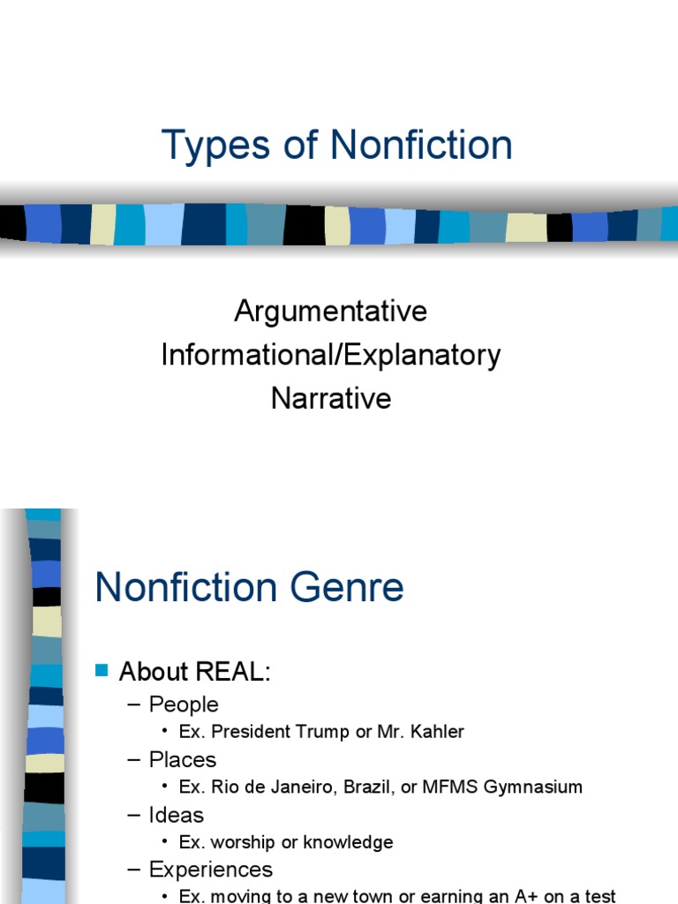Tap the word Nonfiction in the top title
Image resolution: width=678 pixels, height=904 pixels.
point(421,146)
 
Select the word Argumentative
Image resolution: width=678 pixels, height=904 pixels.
point(331,311)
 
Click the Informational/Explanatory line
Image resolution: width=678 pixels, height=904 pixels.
point(331,355)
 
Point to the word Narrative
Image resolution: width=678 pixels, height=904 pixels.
point(331,398)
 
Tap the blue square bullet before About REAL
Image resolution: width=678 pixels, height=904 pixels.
point(101,671)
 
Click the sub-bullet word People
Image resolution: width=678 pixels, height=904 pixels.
point(184,704)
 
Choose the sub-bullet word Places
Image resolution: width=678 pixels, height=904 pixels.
point(183,760)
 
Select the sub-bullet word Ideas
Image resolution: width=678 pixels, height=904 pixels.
point(177,815)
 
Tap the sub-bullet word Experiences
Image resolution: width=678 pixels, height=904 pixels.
point(211,870)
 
